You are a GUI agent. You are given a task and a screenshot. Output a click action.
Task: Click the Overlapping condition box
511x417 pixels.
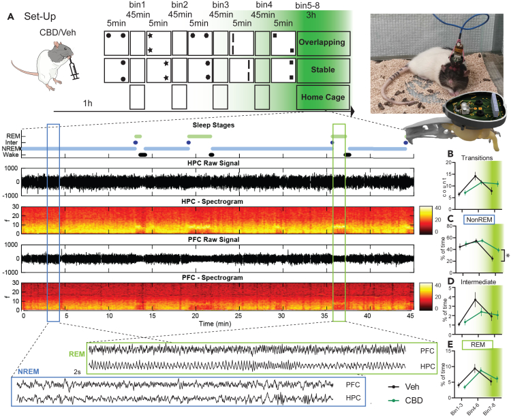point(324,42)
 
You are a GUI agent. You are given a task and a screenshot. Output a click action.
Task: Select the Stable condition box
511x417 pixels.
point(324,69)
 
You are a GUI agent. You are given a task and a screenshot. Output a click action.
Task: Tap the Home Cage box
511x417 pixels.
point(324,97)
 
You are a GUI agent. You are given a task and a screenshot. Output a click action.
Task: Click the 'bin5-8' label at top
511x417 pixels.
point(311,5)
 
